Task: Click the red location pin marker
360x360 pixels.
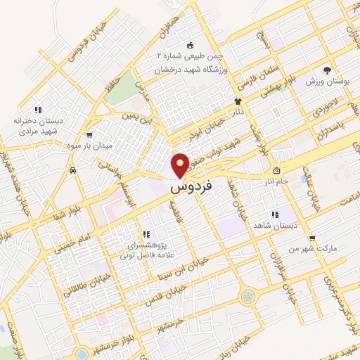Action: point(181,165)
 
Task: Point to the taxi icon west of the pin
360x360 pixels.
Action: point(72,171)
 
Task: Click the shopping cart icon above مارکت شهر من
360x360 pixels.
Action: point(311,238)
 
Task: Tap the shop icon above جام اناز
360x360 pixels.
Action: point(276,171)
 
